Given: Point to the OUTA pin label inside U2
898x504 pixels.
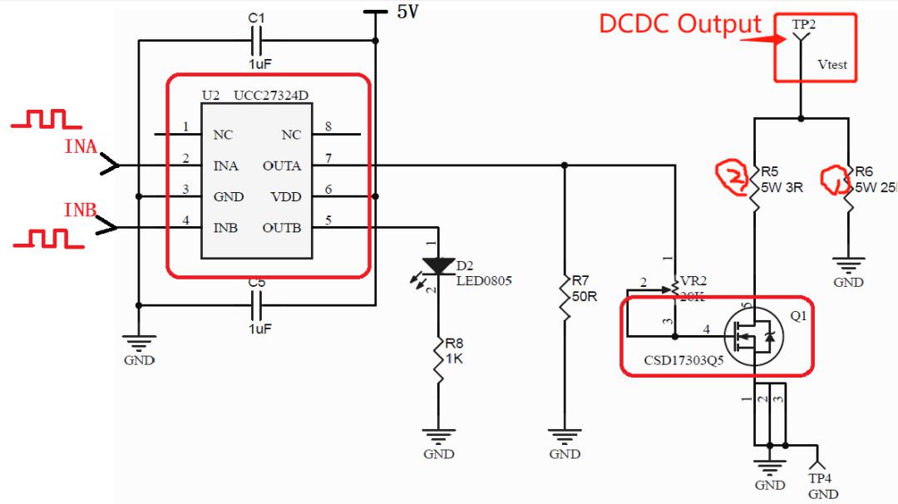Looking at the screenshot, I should click(282, 166).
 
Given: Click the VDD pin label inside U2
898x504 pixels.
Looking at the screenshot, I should click(286, 197).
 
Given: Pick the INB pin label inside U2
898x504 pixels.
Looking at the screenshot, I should click(225, 228).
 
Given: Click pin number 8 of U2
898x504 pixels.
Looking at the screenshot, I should click(328, 127).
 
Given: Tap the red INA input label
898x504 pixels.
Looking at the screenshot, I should click(81, 147).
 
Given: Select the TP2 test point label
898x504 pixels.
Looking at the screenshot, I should click(803, 25).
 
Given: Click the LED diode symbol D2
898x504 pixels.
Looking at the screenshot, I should click(438, 265).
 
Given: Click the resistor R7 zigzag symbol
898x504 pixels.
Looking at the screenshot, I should click(565, 297).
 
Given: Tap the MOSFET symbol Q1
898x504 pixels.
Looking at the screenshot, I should click(753, 335).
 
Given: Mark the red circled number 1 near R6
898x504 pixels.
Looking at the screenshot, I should click(834, 178).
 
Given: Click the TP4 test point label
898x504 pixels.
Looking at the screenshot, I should click(822, 478).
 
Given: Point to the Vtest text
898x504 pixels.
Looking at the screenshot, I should click(832, 64).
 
